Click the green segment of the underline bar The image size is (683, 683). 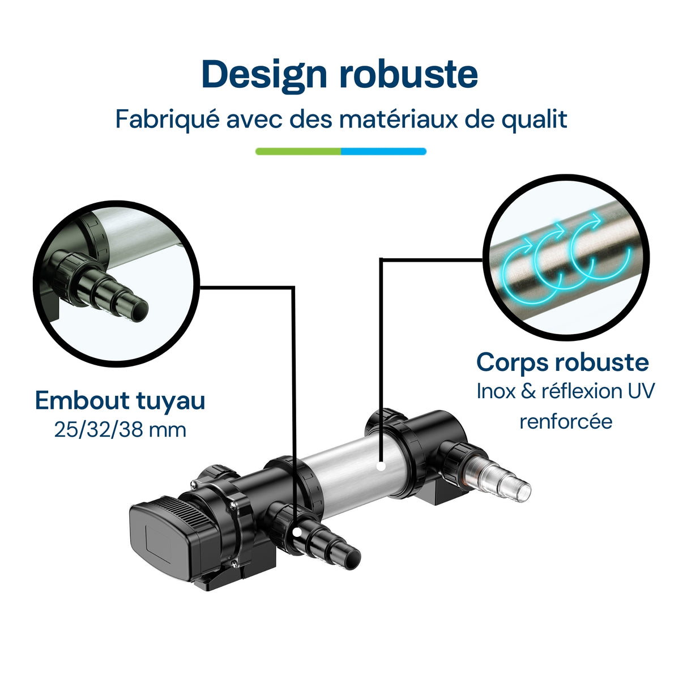tap(298, 151)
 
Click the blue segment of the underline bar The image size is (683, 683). tap(383, 151)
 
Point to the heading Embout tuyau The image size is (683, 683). tap(120, 400)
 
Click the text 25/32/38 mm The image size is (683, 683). tap(120, 430)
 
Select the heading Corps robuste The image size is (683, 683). tap(562, 362)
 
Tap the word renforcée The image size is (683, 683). tap(566, 421)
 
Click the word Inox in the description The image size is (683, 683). tap(496, 391)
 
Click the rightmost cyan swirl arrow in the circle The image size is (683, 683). tap(600, 252)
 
